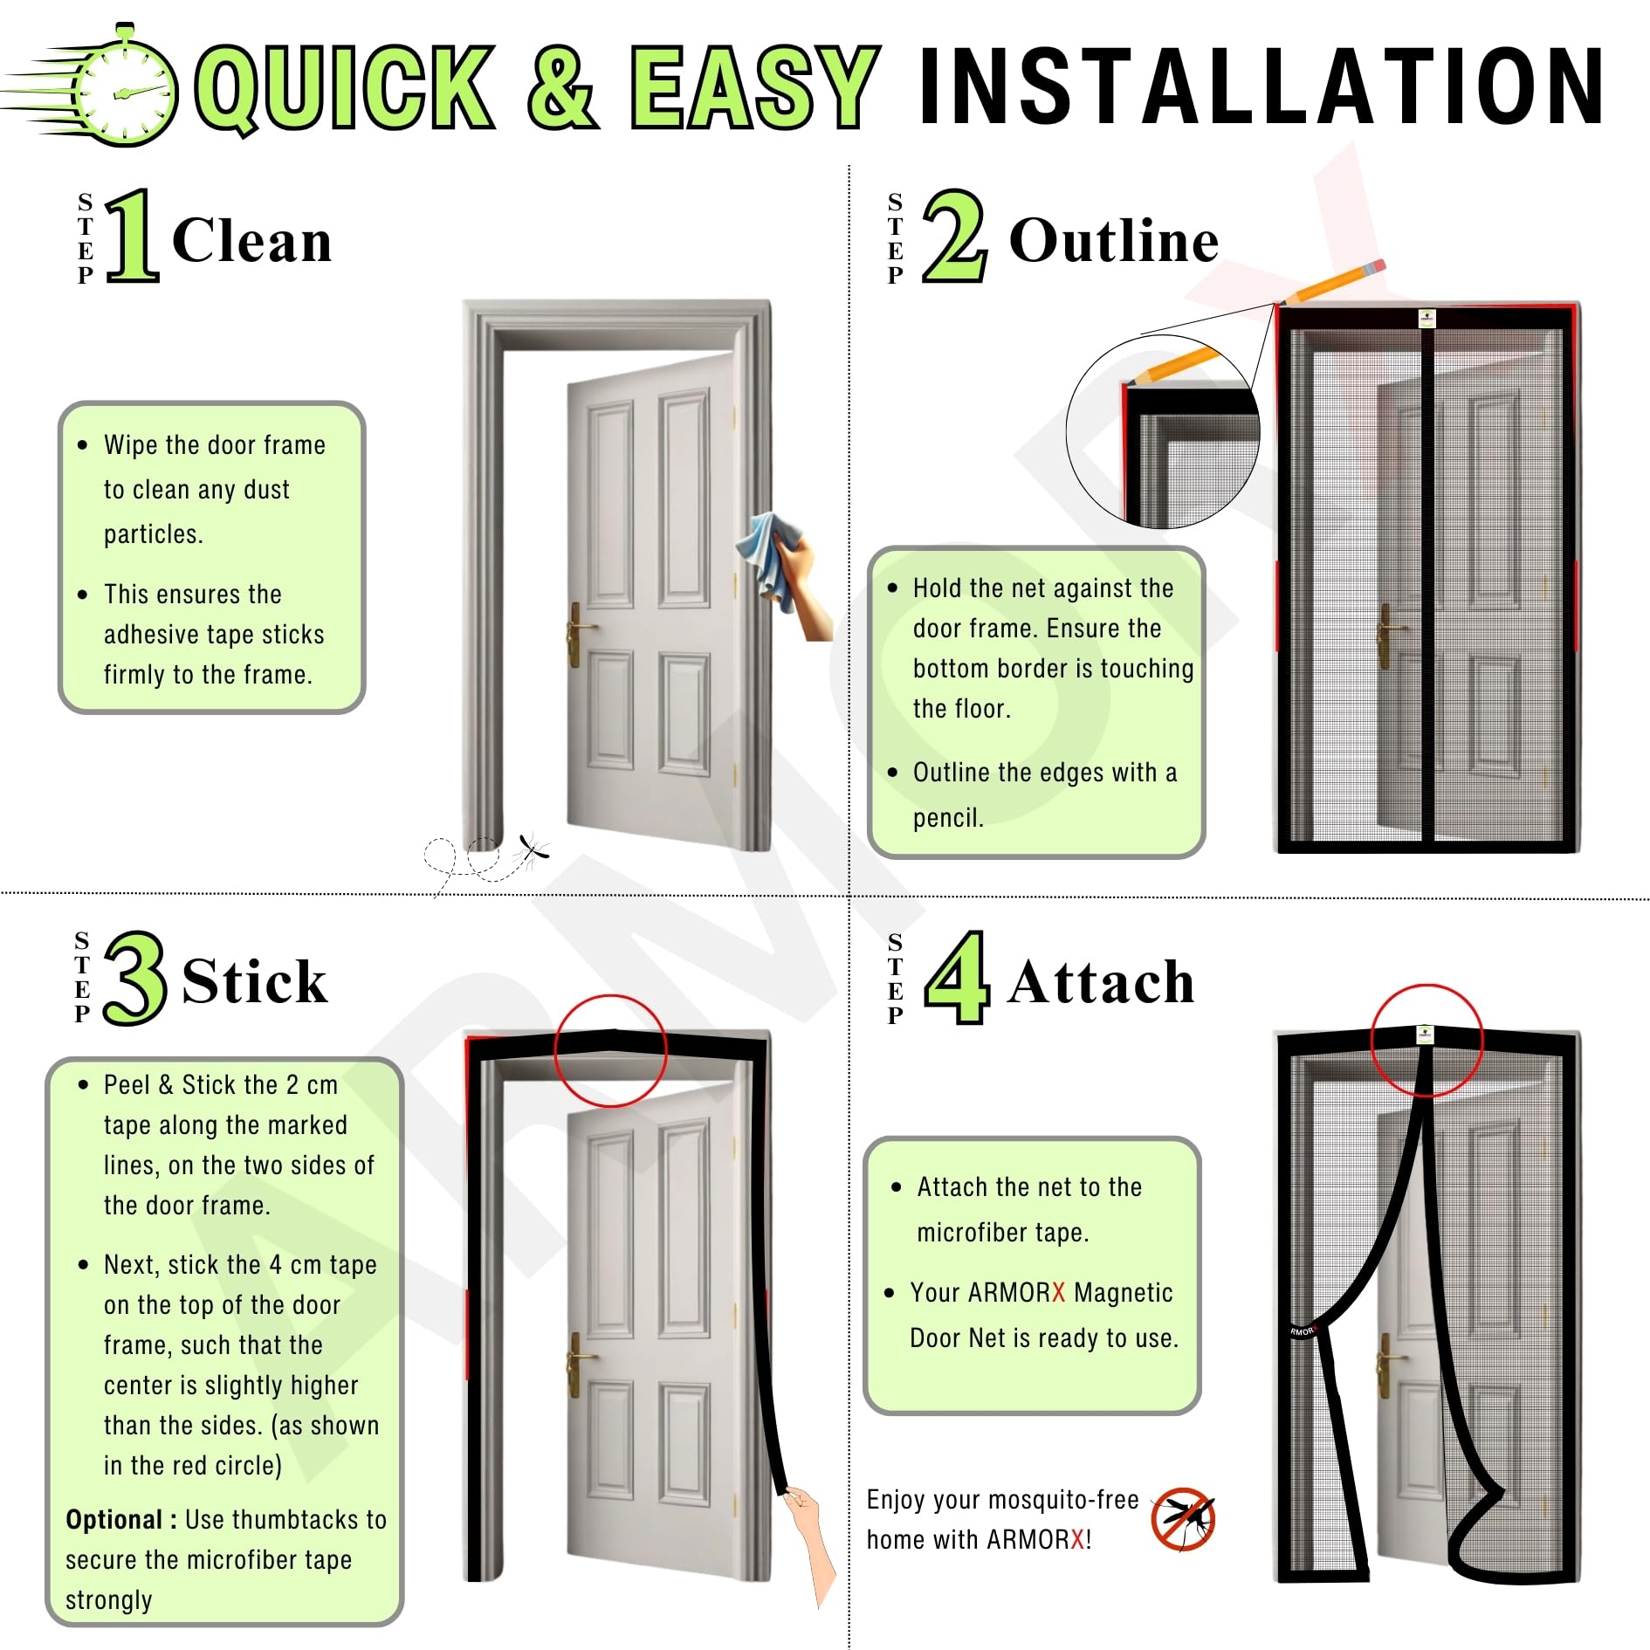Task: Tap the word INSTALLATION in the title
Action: pyautogui.click(x=1262, y=86)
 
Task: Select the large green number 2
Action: pyautogui.click(x=955, y=236)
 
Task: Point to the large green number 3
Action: pyautogui.click(x=134, y=978)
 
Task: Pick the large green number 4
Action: pyautogui.click(x=957, y=978)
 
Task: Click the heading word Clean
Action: pyautogui.click(x=252, y=240)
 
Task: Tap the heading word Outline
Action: pyautogui.click(x=1114, y=240)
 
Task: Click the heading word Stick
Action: pyautogui.click(x=255, y=981)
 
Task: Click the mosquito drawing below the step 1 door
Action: pyautogui.click(x=530, y=849)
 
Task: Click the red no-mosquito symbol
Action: pyautogui.click(x=1184, y=1520)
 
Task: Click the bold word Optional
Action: pyautogui.click(x=113, y=1520)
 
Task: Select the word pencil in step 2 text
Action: pyautogui.click(x=948, y=818)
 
